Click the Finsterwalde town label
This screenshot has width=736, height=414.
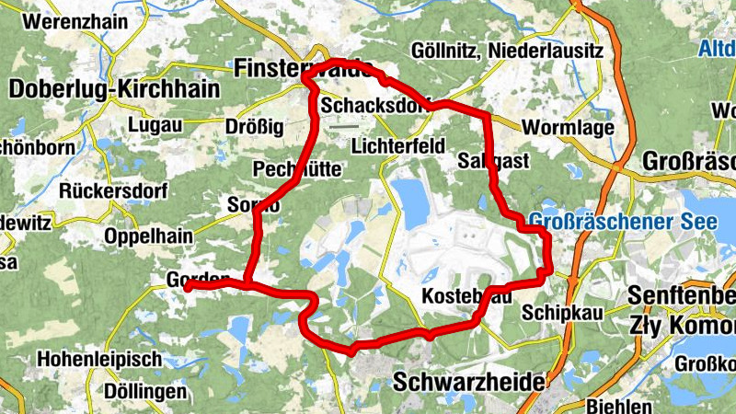pyautogui.click(x=304, y=69)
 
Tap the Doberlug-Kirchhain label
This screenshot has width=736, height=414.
pyautogui.click(x=116, y=89)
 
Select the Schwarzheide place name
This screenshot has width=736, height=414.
pyautogui.click(x=468, y=381)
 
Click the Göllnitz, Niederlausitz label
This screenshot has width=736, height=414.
pyautogui.click(x=508, y=51)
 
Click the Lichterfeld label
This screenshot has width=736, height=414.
pyautogui.click(x=398, y=146)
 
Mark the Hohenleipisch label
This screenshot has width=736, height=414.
pyautogui.click(x=100, y=359)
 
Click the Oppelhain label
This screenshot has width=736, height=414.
pyautogui.click(x=149, y=236)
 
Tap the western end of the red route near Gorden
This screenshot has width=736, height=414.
pyautogui.click(x=188, y=287)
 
